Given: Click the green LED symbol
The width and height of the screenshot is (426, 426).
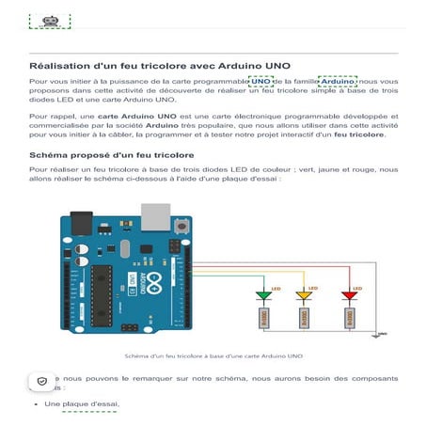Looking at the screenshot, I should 263,296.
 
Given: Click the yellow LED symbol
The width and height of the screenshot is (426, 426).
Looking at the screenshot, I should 304,296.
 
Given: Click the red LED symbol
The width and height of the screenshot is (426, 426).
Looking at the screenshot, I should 349,296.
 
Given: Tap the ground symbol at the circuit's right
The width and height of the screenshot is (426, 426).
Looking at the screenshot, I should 379,333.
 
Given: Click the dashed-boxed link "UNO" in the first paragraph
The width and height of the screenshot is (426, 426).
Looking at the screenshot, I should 260,82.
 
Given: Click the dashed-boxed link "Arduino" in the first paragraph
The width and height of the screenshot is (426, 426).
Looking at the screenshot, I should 337,82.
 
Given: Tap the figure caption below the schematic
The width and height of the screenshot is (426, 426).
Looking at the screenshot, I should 214,356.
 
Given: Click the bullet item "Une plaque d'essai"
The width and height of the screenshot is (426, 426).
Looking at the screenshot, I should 82,404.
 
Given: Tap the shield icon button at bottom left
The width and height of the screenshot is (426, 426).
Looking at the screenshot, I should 41,381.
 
